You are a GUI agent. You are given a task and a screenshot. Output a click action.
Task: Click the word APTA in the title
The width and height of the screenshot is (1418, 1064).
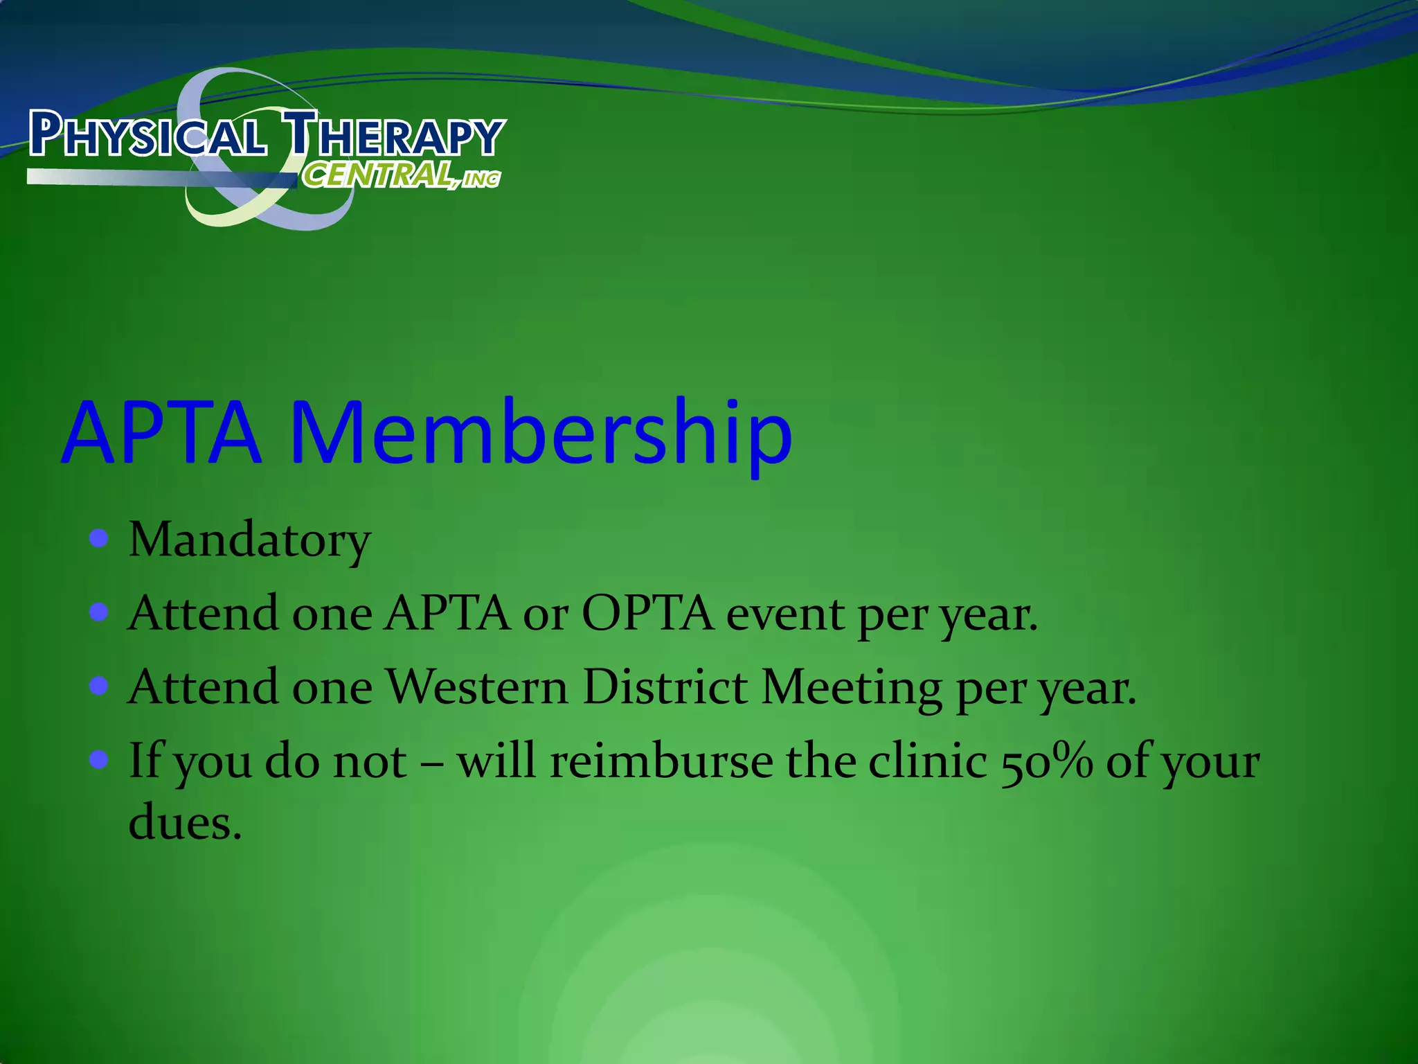pyautogui.click(x=162, y=433)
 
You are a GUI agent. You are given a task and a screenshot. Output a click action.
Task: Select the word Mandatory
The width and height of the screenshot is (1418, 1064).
pyautogui.click(x=249, y=540)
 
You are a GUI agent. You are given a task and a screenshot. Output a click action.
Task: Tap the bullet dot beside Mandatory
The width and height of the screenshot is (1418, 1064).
pyautogui.click(x=99, y=538)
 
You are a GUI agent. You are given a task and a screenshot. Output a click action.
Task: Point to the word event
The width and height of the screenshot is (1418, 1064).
pyautogui.click(x=784, y=614)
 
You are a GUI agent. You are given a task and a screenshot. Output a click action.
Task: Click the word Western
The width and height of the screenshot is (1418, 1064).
pyautogui.click(x=476, y=687)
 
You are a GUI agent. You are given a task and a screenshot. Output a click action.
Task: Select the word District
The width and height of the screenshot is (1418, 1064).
pyautogui.click(x=665, y=687)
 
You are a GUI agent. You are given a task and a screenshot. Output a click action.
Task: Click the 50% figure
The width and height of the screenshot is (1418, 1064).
pyautogui.click(x=1047, y=761)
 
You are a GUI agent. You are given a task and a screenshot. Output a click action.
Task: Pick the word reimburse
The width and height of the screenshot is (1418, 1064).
pyautogui.click(x=661, y=761)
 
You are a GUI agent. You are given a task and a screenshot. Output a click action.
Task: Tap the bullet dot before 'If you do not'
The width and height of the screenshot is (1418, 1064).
pyautogui.click(x=99, y=760)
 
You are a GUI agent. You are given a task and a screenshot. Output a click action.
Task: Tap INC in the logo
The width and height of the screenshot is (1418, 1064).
pyautogui.click(x=481, y=179)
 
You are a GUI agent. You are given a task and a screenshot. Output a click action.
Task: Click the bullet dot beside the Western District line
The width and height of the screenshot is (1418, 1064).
pyautogui.click(x=99, y=686)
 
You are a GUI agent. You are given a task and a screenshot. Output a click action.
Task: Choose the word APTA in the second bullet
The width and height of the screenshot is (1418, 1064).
pyautogui.click(x=447, y=613)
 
